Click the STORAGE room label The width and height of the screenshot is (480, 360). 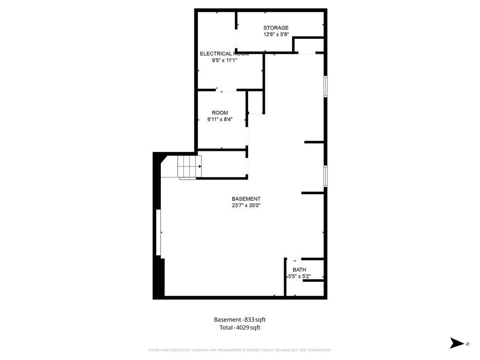click(x=276, y=28)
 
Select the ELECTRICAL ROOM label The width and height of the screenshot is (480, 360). click(x=224, y=53)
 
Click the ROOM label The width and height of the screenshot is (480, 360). click(x=220, y=112)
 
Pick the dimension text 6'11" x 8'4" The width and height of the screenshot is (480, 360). click(x=220, y=119)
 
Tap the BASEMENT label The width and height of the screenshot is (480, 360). click(x=246, y=199)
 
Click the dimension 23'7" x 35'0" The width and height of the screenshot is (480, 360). click(x=246, y=205)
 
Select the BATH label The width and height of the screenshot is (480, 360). click(x=300, y=270)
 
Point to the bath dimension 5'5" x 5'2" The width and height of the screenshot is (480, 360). click(x=300, y=277)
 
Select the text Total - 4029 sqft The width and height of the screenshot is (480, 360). click(x=240, y=328)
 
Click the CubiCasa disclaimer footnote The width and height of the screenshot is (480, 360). click(x=240, y=350)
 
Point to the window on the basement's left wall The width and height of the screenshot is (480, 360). click(x=158, y=233)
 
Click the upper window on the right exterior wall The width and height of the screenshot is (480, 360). click(x=325, y=87)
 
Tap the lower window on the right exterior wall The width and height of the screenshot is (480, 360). click(x=325, y=176)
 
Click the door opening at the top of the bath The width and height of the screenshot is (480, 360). click(x=294, y=259)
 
